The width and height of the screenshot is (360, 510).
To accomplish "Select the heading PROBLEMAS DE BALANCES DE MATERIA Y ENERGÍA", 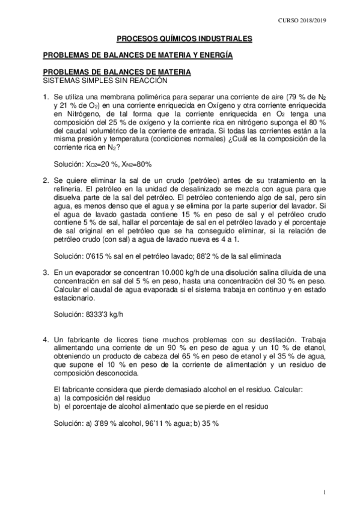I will pyautogui.click(x=138, y=55).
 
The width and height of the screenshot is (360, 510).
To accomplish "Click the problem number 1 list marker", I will pyautogui.click(x=45, y=96).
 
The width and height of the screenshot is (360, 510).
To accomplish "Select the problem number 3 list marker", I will pyautogui.click(x=45, y=272).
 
